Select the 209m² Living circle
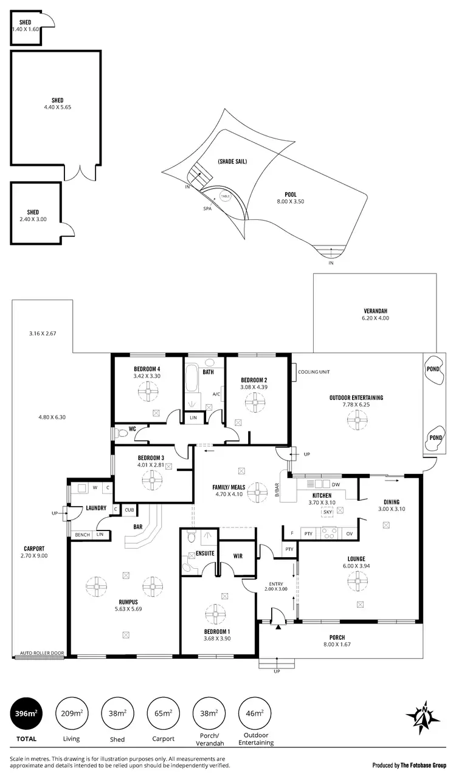pyautogui.click(x=71, y=713)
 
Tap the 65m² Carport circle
pyautogui.click(x=163, y=713)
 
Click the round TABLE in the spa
pyautogui.click(x=226, y=196)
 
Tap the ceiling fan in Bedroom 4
pyautogui.click(x=147, y=393)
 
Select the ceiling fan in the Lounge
pyautogui.click(x=356, y=582)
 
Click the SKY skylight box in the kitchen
pyautogui.click(x=328, y=512)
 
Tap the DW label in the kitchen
pyautogui.click(x=336, y=484)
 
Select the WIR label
pyautogui.click(x=238, y=555)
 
